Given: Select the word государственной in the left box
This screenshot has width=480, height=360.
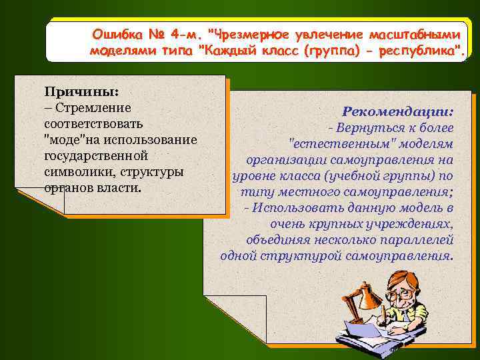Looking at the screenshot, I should pos(85,156).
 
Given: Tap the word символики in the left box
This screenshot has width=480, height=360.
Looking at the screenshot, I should pos(73,172).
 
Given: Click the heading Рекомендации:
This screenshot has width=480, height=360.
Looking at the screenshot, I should pos(398,110).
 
